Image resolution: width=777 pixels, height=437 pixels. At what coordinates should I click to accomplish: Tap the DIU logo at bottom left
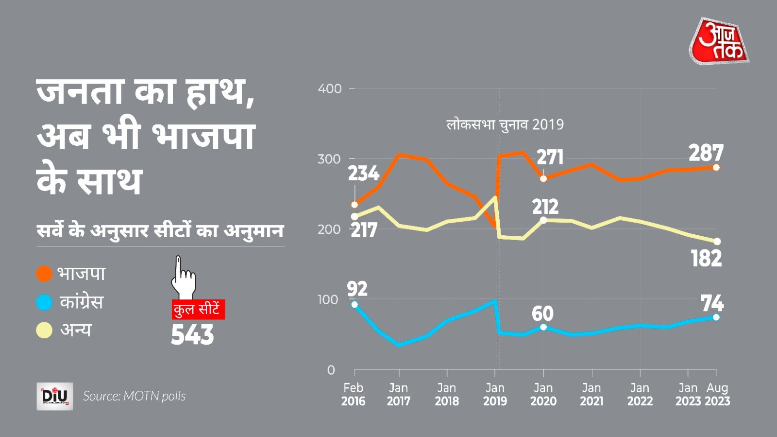tap(55, 396)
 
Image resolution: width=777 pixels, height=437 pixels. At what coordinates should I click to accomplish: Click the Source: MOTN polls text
tap(134, 396)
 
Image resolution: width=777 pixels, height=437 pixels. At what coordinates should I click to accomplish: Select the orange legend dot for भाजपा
tap(44, 274)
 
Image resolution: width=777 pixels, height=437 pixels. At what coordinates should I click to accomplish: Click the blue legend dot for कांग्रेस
tap(44, 302)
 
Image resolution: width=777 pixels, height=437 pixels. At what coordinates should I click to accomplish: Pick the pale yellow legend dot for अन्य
tap(44, 330)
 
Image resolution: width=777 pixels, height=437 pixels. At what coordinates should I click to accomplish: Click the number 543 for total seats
tap(192, 335)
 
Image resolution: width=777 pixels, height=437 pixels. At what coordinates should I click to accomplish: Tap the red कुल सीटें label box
tap(198, 310)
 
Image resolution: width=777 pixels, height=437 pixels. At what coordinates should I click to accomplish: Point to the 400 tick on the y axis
tap(330, 89)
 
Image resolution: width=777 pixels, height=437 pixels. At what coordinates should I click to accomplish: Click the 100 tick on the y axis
tap(328, 300)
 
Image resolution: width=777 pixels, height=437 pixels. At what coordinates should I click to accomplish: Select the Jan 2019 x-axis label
tap(495, 395)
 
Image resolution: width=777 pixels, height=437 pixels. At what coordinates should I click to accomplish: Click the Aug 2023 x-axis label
tap(717, 395)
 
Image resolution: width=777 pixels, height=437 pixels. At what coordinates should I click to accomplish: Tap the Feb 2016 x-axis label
tap(353, 395)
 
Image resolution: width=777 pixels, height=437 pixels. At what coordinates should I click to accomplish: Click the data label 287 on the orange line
tap(706, 153)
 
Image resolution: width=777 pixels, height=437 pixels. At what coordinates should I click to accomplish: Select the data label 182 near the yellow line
tap(706, 259)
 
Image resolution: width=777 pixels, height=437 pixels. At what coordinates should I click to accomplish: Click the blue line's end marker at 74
tap(716, 317)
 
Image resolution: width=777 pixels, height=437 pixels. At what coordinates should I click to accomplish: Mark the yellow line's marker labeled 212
tap(543, 220)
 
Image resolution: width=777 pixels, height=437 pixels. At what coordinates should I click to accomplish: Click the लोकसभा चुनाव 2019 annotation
tap(505, 125)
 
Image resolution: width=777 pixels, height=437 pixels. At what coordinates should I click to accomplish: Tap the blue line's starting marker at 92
tap(355, 305)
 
